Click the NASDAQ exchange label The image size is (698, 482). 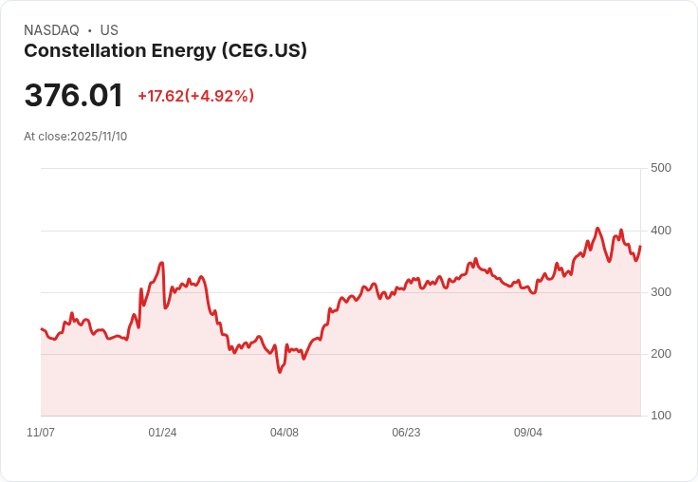(x=51, y=30)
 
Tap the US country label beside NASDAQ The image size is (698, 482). (x=109, y=30)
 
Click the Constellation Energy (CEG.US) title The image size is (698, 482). (x=165, y=51)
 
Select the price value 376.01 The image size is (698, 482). (x=74, y=96)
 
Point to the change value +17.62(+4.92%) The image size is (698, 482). (x=195, y=96)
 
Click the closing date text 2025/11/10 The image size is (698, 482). (x=99, y=136)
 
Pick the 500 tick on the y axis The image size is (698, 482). (x=661, y=168)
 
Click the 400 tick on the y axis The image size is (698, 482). (x=661, y=231)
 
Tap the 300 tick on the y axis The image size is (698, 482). (x=661, y=292)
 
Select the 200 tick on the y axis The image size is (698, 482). (x=661, y=354)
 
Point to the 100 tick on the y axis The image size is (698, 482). (x=661, y=416)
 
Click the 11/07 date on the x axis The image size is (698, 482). (x=41, y=433)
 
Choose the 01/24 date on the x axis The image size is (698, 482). (x=162, y=433)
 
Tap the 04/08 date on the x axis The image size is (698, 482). (x=285, y=433)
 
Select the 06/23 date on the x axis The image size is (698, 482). (x=406, y=433)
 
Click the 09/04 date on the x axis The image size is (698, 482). (x=528, y=433)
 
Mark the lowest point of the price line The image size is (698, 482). (x=280, y=372)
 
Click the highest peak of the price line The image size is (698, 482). (x=597, y=228)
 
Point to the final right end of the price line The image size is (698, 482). (x=640, y=247)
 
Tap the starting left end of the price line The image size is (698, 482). (x=41, y=328)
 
